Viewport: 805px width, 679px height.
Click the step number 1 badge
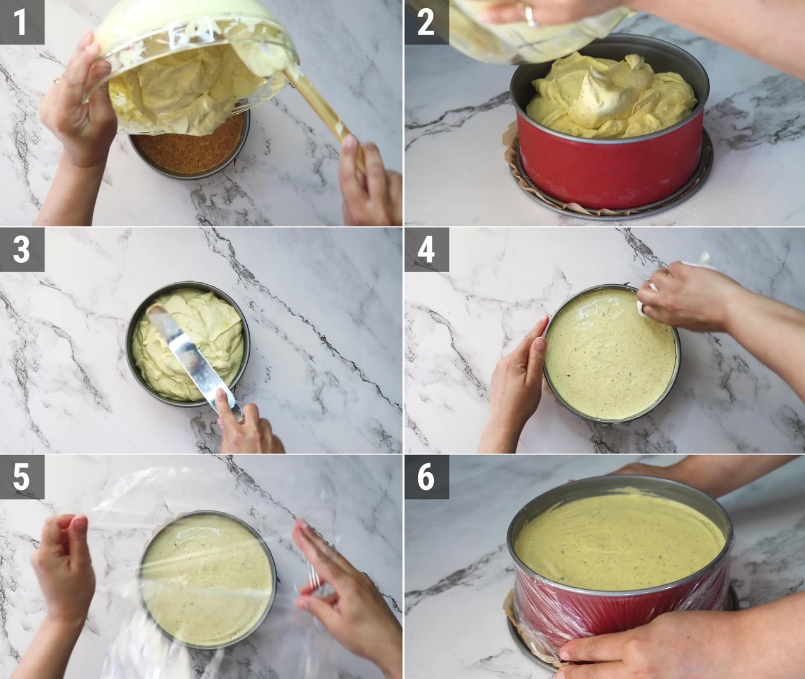coord(22,22)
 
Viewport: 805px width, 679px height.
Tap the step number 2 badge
coord(426,22)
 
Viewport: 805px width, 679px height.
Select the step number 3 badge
coord(22,250)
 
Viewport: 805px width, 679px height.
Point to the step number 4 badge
coord(426,250)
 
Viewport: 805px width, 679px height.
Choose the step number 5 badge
coord(22,477)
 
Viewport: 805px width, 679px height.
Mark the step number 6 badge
coord(426,477)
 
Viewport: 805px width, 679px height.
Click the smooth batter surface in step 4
coord(611,354)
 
